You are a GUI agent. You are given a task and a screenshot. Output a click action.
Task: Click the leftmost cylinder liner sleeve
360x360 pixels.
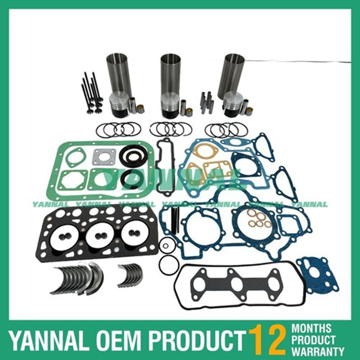(119, 74)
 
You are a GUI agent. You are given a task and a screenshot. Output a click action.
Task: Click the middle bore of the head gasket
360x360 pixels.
(100, 234)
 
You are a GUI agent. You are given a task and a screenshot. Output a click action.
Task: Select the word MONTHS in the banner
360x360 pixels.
(311, 328)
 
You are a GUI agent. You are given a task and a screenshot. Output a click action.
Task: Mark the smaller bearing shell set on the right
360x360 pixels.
(130, 275)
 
